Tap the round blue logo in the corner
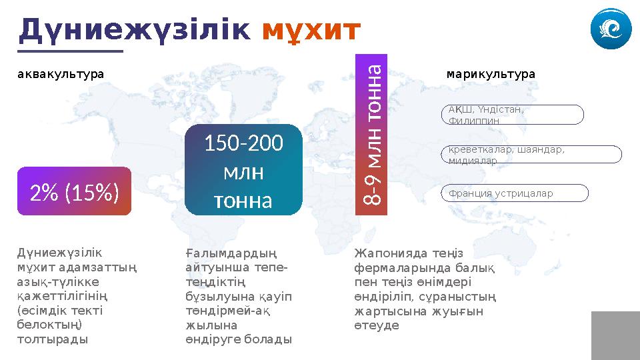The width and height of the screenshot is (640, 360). [x=610, y=30]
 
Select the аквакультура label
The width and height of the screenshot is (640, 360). [x=61, y=74]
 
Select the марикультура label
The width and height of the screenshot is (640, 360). [x=491, y=74]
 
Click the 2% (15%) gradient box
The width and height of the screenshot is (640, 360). [x=75, y=192]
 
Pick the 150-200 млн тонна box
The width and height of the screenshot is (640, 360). [x=243, y=171]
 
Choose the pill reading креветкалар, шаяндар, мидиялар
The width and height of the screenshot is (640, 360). [x=531, y=155]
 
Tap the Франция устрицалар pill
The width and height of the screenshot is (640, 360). [x=515, y=193]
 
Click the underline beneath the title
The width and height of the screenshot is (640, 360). [x=71, y=50]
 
